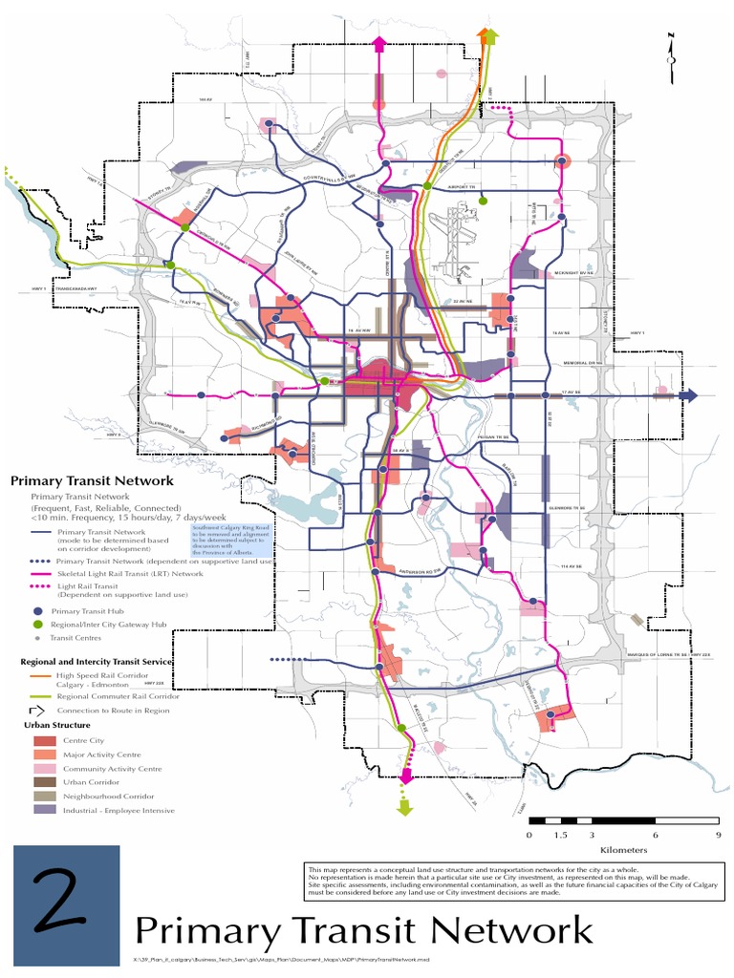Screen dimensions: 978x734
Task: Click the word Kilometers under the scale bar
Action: [624, 850]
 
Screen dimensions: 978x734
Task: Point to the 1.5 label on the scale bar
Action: [560, 835]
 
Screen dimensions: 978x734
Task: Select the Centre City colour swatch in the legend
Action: [44, 741]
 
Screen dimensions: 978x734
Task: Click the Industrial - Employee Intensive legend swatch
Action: [44, 810]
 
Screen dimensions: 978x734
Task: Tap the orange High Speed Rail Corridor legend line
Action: [36, 675]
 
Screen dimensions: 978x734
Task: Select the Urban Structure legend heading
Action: [51, 726]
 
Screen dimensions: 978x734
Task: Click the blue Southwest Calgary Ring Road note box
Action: [232, 539]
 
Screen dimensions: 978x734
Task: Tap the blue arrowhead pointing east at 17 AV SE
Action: [690, 394]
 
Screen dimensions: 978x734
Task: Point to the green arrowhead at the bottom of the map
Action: [405, 808]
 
